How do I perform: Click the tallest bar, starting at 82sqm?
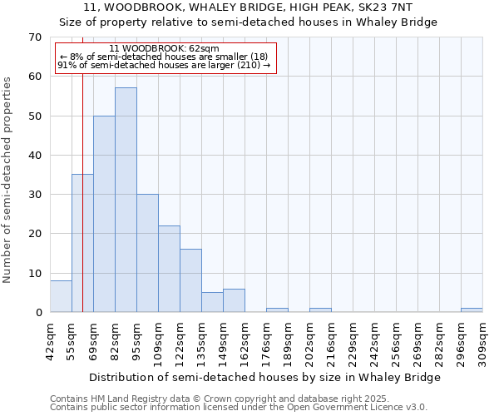[126, 200]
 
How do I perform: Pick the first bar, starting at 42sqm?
[61, 296]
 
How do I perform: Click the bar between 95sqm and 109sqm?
[147, 253]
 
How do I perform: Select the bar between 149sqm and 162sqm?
[234, 300]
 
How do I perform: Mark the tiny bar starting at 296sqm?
[472, 310]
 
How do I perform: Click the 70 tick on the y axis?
[34, 37]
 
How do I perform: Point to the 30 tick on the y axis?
[34, 195]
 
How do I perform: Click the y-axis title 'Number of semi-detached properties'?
[8, 180]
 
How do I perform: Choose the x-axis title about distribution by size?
[264, 377]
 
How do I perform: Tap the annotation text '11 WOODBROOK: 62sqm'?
[164, 49]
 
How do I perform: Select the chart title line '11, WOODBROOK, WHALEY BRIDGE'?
[249, 7]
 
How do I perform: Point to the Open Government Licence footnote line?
[239, 408]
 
